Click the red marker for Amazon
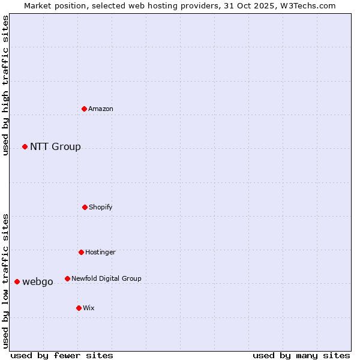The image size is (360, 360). pyautogui.click(x=85, y=109)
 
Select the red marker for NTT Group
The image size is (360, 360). pyautogui.click(x=25, y=147)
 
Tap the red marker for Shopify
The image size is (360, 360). pyautogui.click(x=85, y=207)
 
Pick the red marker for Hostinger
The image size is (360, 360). pyautogui.click(x=81, y=252)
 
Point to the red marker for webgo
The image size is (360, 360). pyautogui.click(x=17, y=281)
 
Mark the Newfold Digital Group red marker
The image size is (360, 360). pyautogui.click(x=67, y=278)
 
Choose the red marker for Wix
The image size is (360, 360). pyautogui.click(x=79, y=308)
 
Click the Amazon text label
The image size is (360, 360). pyautogui.click(x=101, y=109)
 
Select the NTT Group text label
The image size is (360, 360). pyautogui.click(x=55, y=147)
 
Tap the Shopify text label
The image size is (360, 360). pyautogui.click(x=101, y=207)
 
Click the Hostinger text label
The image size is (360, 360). pyautogui.click(x=100, y=252)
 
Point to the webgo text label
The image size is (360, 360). pyautogui.click(x=38, y=282)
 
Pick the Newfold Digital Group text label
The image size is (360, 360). pyautogui.click(x=106, y=278)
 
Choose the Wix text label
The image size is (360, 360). pyautogui.click(x=89, y=308)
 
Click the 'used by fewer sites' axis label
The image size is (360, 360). pyautogui.click(x=62, y=355)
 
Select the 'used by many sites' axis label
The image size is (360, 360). pyautogui.click(x=301, y=355)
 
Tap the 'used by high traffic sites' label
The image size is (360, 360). pyautogui.click(x=6, y=85)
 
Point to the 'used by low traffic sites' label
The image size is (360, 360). pyautogui.click(x=6, y=281)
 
